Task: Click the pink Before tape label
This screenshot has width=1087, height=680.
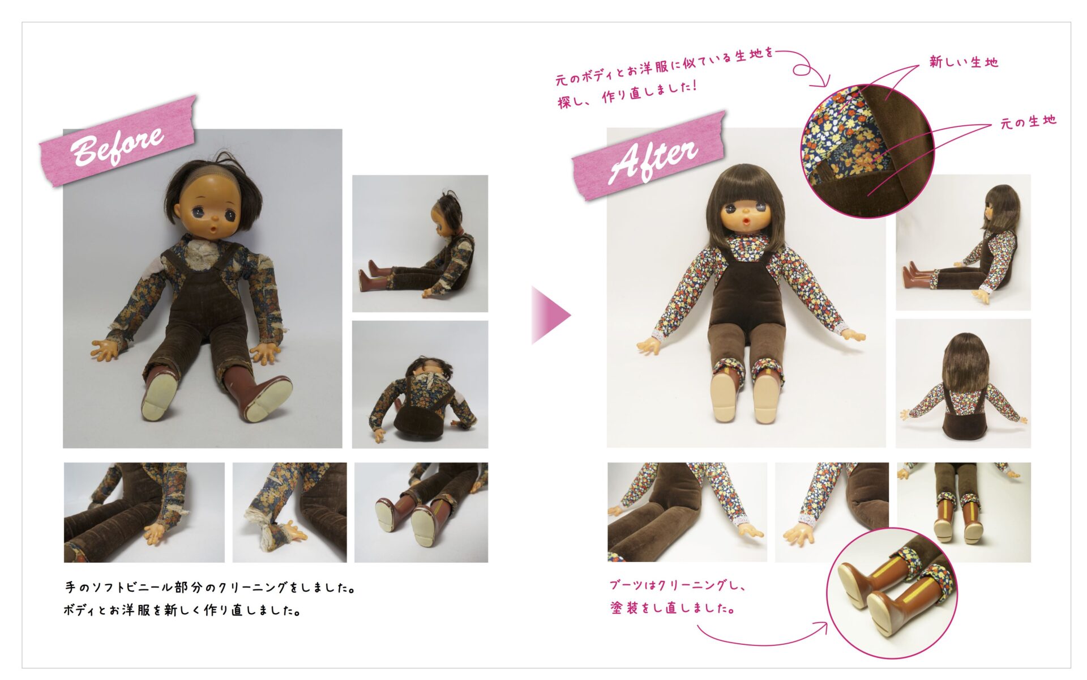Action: pos(117,141)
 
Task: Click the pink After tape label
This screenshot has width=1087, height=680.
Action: pos(649,156)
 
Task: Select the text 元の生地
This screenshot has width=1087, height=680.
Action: pos(1028,121)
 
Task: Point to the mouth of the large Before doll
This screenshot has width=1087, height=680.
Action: pos(212,230)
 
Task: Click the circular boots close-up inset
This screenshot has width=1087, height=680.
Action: pos(892,593)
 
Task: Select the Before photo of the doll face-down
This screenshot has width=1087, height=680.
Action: pos(420,385)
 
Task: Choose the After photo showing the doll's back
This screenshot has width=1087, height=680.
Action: pos(963,384)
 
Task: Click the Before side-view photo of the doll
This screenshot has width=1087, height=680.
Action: pos(420,244)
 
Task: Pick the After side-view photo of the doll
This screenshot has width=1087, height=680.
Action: pos(963,243)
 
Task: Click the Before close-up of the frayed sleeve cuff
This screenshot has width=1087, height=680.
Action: pos(289,512)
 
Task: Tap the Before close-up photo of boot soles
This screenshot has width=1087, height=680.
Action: pos(421,512)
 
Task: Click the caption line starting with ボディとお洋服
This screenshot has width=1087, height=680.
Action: pos(182,610)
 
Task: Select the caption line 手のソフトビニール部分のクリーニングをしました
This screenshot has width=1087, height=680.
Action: pos(210,588)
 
